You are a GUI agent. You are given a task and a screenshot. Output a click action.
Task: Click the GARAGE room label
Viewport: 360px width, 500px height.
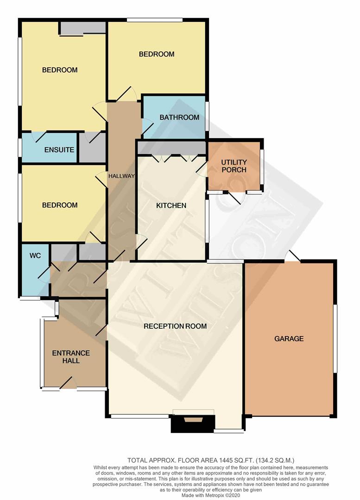click(289, 338)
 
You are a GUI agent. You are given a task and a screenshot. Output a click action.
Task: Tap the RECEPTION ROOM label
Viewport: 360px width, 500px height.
click(175, 326)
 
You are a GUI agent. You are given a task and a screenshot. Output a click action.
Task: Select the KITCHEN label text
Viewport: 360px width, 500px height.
click(171, 205)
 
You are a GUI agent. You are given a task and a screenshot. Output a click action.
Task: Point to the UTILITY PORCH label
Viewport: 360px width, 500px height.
click(234, 166)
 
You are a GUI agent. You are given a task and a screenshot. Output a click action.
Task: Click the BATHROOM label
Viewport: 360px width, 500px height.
click(179, 117)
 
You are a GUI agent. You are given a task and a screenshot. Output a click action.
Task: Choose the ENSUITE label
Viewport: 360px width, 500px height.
click(59, 150)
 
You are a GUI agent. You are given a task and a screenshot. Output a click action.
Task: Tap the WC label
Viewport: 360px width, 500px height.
click(36, 255)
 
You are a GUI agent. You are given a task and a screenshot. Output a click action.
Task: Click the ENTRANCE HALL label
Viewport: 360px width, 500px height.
click(71, 356)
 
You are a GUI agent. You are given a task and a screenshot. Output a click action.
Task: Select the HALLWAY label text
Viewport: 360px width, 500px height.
click(121, 176)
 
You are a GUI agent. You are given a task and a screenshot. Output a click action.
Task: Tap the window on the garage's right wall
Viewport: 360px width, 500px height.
click(335, 338)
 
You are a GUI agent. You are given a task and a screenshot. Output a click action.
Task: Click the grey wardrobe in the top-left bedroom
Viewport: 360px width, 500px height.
click(82, 28)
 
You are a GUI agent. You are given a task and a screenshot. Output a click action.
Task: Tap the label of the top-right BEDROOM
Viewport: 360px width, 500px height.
click(157, 54)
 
